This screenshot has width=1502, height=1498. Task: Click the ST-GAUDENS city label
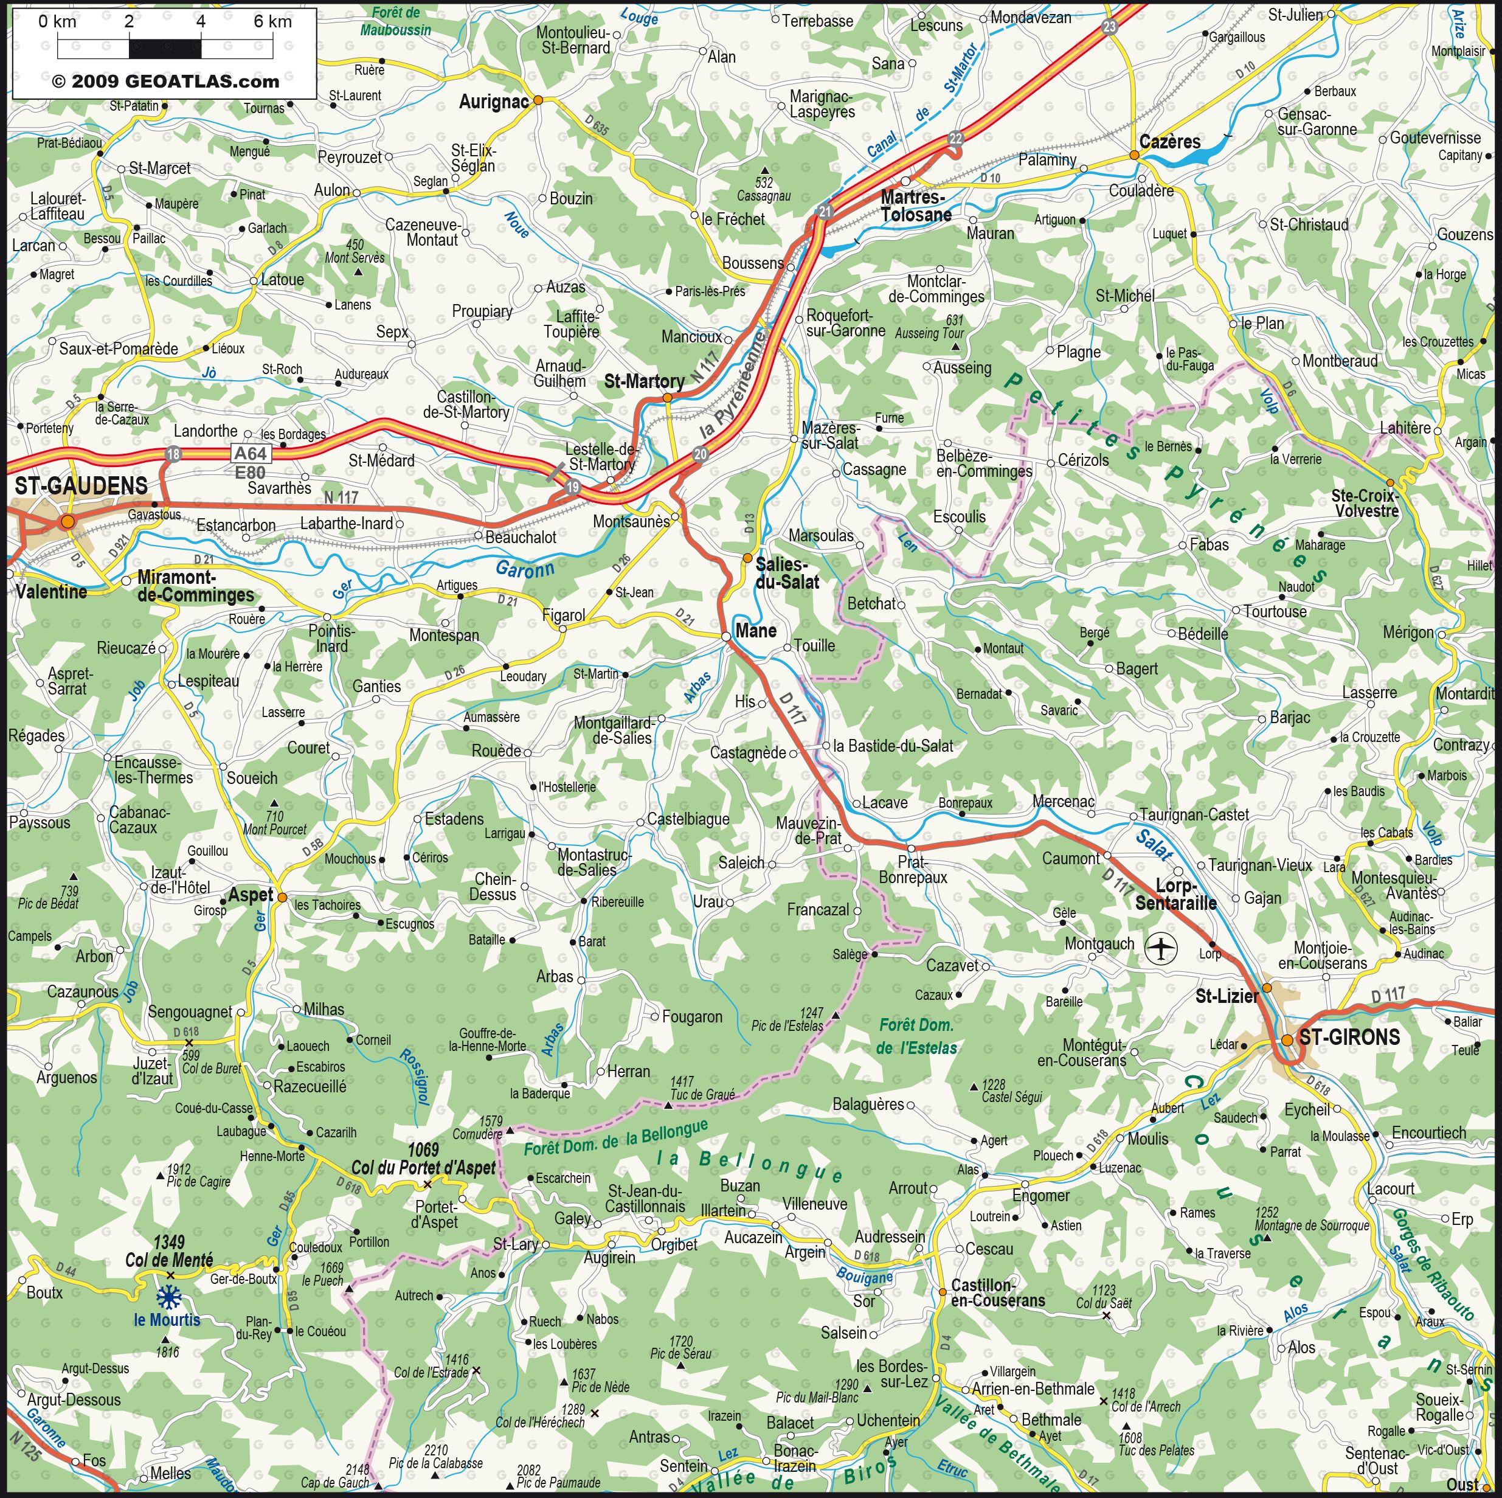click(x=81, y=486)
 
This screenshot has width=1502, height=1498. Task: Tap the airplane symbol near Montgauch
click(x=1161, y=948)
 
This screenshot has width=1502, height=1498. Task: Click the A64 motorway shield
click(x=251, y=453)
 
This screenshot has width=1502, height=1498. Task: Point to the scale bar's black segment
click(x=165, y=48)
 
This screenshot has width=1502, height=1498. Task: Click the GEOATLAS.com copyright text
click(x=165, y=81)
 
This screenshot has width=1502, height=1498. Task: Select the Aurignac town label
click(x=494, y=102)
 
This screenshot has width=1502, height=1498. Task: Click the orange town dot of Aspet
click(x=282, y=897)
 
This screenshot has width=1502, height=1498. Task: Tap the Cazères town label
click(x=1169, y=142)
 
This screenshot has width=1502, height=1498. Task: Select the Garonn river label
click(x=525, y=569)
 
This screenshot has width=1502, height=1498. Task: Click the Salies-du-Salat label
click(x=787, y=572)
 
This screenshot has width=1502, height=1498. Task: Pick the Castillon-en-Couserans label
click(x=997, y=1293)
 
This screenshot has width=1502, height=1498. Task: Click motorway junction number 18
click(x=173, y=454)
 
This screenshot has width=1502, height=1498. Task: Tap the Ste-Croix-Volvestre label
click(x=1365, y=503)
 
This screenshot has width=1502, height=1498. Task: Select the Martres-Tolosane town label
click(x=916, y=206)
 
